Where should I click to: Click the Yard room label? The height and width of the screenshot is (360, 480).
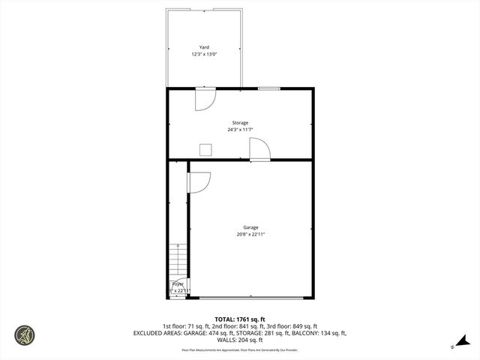pos(204,46)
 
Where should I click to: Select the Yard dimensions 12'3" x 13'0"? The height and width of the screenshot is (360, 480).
pos(204,54)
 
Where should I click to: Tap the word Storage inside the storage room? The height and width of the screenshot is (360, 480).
pos(240,122)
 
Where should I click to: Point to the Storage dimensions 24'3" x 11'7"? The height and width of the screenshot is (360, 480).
pos(240,130)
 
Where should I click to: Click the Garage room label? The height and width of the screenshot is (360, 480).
pos(250,227)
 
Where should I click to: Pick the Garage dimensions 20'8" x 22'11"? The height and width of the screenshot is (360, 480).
pos(250,235)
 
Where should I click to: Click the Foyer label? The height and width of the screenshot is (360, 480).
pos(178,284)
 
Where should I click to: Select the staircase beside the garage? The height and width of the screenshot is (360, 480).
pos(178,262)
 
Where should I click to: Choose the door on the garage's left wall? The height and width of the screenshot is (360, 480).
pos(199,182)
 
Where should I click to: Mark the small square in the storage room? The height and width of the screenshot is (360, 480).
pos(205,148)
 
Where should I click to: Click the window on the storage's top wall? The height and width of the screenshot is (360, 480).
pos(269,88)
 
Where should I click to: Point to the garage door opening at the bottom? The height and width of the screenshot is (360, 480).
pos(251,298)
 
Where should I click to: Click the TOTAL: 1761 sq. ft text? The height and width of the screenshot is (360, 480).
pos(240,319)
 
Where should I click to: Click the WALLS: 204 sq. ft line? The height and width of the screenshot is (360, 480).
pos(240,340)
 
